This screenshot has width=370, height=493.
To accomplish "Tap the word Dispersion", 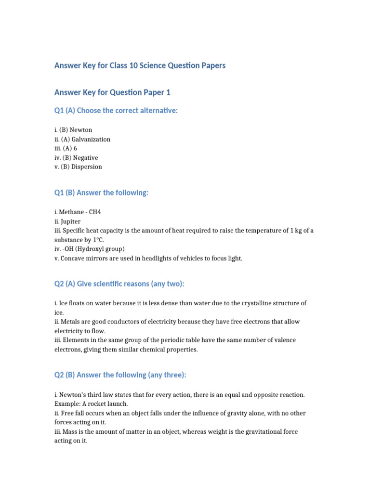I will [x=87, y=167].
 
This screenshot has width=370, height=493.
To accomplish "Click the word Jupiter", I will [x=70, y=221].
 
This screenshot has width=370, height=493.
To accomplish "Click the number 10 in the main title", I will [x=133, y=65].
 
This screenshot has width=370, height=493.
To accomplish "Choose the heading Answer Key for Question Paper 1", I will [x=112, y=92].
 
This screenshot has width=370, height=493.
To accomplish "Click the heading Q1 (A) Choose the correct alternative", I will [x=116, y=111].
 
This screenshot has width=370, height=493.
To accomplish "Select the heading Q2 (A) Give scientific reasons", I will [x=119, y=284].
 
